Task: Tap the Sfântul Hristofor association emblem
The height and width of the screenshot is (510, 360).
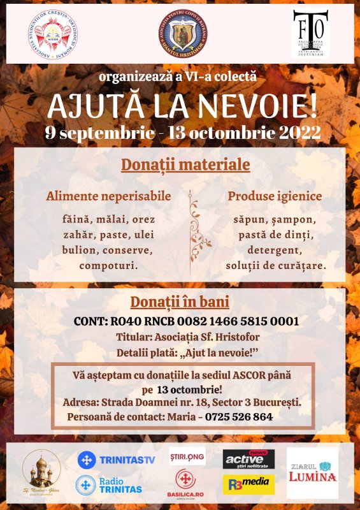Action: [x=183, y=33]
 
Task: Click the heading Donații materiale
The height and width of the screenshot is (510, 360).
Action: [x=185, y=165]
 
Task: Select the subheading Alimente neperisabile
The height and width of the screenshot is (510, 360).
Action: [x=108, y=196]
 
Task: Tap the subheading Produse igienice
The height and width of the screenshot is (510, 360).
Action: [x=275, y=196]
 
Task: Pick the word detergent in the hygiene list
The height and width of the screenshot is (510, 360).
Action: [x=275, y=249]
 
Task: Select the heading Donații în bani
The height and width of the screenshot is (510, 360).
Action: [x=180, y=302]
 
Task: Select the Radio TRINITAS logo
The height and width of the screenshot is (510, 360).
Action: [x=108, y=485]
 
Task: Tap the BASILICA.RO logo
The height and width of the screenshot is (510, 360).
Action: [x=187, y=483]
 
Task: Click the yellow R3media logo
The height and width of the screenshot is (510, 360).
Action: [x=248, y=484]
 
